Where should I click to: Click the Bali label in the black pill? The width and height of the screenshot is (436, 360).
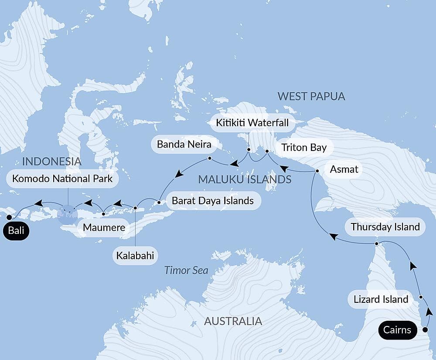pyautogui.click(x=16, y=231)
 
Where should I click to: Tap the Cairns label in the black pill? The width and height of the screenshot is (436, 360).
pyautogui.click(x=397, y=329)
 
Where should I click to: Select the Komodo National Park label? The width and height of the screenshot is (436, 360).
pyautogui.click(x=62, y=178)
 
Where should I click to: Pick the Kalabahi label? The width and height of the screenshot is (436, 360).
pyautogui.click(x=135, y=256)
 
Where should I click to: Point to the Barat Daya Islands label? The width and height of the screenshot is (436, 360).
pyautogui.click(x=213, y=201)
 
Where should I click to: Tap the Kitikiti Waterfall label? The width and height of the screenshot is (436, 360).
pyautogui.click(x=252, y=123)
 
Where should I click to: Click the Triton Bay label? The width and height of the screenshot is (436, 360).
pyautogui.click(x=303, y=147)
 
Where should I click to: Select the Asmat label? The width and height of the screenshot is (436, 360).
pyautogui.click(x=344, y=169)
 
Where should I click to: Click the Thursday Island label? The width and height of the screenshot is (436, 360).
pyautogui.click(x=385, y=227)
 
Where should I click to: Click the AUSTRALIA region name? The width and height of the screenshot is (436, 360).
pyautogui.click(x=233, y=322)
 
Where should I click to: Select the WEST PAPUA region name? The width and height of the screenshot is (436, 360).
pyautogui.click(x=311, y=96)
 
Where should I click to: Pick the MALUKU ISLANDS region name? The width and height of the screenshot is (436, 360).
pyautogui.click(x=245, y=179)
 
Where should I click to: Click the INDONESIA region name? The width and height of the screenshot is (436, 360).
pyautogui.click(x=51, y=161)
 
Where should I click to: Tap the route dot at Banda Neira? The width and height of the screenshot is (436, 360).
pyautogui.click(x=210, y=158)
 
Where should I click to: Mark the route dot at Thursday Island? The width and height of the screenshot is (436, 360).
pyautogui.click(x=377, y=243)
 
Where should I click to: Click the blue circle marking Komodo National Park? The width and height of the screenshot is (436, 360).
pyautogui.click(x=67, y=214)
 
